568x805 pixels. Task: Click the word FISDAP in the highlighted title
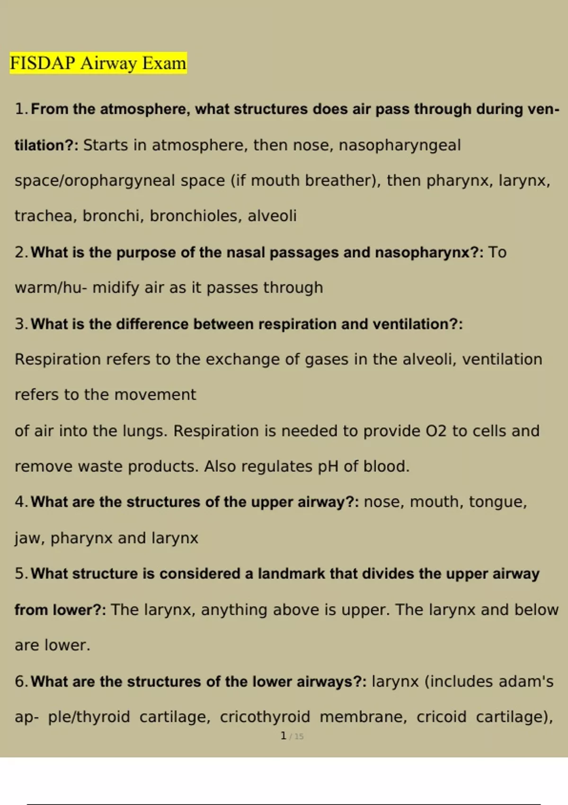[42, 63]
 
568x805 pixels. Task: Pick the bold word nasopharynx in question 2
[422, 252]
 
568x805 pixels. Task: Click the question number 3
[21, 324]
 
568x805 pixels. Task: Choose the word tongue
[497, 502]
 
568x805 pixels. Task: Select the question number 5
[21, 573]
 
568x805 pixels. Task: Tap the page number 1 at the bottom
[283, 736]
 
